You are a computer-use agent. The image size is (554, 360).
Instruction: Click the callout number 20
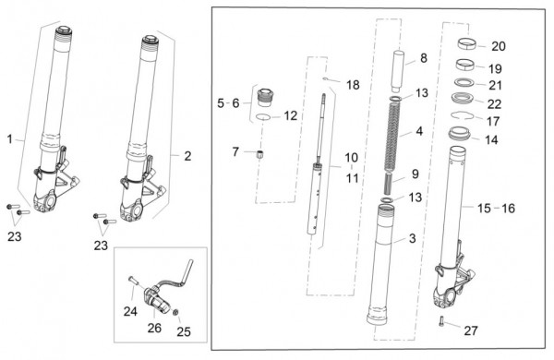pos(499,46)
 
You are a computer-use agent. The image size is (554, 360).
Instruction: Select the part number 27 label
pos(471,330)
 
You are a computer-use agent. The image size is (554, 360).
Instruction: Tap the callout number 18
pos(353,85)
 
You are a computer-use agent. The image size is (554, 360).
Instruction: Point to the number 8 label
pos(424,58)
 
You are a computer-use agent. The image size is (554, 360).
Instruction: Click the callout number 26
pos(154,328)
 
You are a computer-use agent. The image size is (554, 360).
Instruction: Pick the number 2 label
pos(187,156)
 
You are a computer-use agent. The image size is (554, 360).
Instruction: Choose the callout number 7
pos(235,152)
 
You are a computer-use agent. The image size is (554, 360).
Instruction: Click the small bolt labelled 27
pos(441,321)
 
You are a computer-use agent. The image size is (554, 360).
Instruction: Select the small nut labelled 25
pos(175,312)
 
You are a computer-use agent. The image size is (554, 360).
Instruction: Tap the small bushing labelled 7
pos(259,154)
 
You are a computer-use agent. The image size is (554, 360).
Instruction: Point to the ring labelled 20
pos(467,44)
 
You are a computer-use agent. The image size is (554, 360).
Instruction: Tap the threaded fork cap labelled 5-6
pos(265,97)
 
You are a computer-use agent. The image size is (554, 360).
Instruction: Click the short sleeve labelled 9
pos(389,183)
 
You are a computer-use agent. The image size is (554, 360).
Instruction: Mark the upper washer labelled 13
pos(396,98)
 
